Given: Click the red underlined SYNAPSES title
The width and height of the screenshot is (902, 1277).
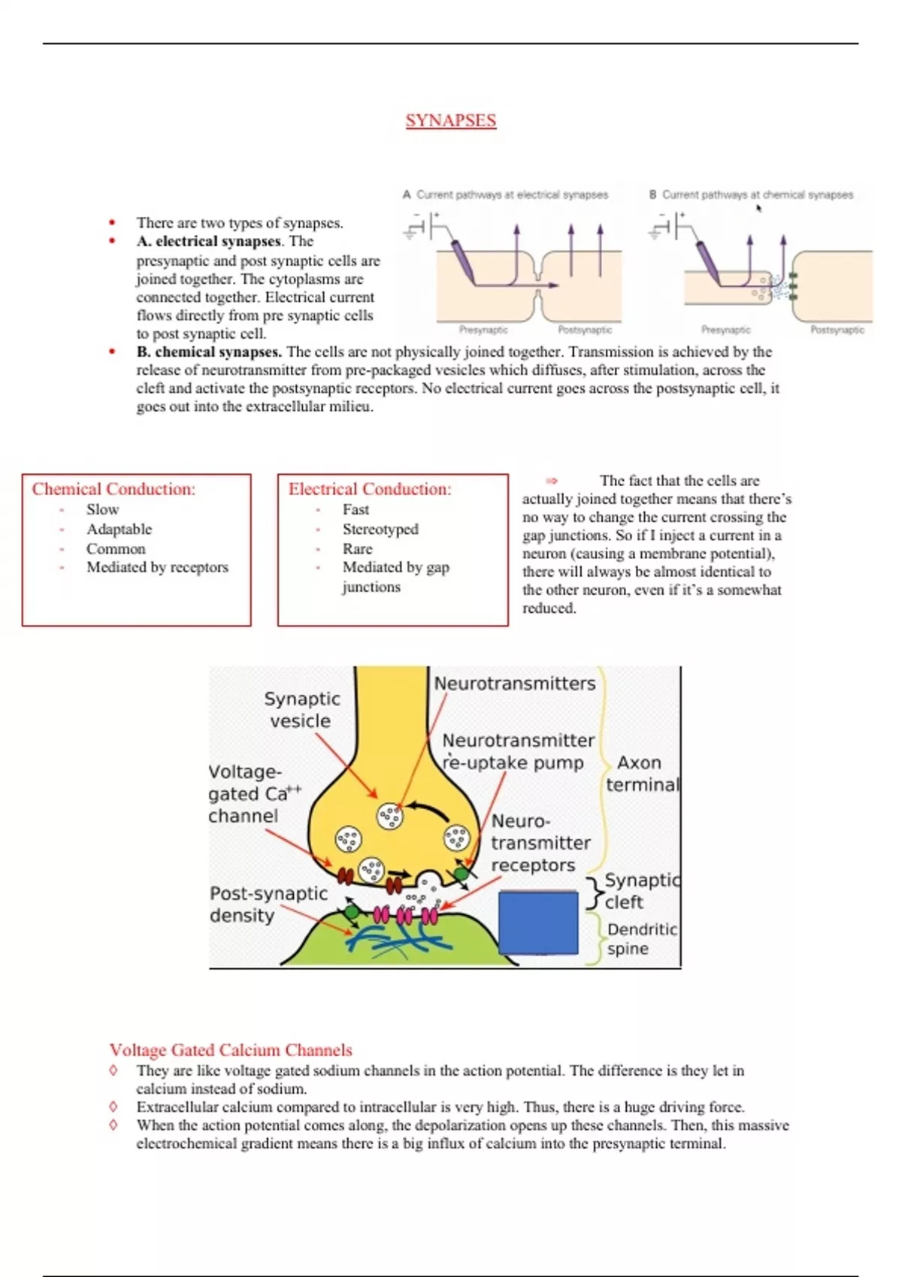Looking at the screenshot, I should click(x=450, y=120).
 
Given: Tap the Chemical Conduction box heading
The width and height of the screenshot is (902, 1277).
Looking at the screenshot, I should click(x=114, y=489).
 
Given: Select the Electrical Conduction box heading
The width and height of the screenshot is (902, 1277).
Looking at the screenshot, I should click(x=370, y=489).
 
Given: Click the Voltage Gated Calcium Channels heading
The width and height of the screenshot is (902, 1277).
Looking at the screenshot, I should click(x=231, y=1049).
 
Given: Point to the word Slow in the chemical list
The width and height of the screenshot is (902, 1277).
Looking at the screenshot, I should click(x=102, y=509).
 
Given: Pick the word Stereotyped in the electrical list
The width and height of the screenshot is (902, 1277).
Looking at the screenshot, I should click(x=380, y=529).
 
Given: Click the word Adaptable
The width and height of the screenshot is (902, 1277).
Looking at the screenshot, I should click(x=119, y=529).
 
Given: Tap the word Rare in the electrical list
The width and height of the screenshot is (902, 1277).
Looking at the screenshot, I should click(x=357, y=548).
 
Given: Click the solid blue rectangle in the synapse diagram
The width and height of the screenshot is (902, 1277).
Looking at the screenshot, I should click(x=538, y=922).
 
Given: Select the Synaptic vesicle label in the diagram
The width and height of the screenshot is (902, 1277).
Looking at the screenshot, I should click(x=301, y=710).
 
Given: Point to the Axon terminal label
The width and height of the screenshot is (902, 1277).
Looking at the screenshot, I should click(x=642, y=774).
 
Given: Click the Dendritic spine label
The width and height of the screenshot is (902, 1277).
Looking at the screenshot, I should click(x=641, y=939).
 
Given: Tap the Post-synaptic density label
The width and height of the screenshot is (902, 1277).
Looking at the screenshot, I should click(x=268, y=904).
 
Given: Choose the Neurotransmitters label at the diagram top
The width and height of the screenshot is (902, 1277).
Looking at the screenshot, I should click(x=515, y=684).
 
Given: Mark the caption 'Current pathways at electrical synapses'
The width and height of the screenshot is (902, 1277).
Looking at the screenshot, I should click(x=512, y=195).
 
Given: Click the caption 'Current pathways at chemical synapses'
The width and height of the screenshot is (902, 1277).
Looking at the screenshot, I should click(x=757, y=195).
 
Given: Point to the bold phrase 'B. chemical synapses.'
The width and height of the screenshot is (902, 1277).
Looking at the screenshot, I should click(x=209, y=352).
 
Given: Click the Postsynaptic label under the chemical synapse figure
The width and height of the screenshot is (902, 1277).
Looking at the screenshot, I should click(x=837, y=330).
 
